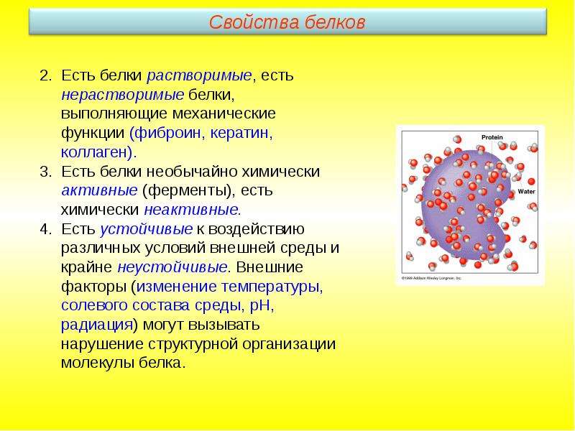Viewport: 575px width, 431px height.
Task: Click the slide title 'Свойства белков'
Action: tap(287, 22)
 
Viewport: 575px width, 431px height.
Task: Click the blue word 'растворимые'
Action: tap(199, 76)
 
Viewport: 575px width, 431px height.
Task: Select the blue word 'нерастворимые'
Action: tap(122, 95)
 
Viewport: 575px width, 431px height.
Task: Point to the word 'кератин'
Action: tap(239, 133)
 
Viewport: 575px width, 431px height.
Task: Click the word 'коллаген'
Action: tap(94, 152)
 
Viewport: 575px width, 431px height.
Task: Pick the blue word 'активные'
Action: tap(99, 190)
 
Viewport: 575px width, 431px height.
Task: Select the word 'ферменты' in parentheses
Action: tap(186, 191)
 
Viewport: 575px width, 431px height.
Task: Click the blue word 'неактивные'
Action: tap(191, 210)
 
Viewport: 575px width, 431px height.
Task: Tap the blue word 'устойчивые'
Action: tap(147, 229)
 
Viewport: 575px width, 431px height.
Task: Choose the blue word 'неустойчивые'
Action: tap(172, 267)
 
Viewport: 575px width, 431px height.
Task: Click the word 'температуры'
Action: tap(270, 287)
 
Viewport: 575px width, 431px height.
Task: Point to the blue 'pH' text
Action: tap(260, 306)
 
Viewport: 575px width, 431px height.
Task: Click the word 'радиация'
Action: tap(96, 325)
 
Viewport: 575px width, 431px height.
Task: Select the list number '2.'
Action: tap(46, 76)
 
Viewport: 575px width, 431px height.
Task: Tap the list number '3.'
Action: tap(46, 172)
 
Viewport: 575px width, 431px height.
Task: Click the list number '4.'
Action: tap(46, 229)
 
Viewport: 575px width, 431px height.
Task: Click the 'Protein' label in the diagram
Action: tap(492, 137)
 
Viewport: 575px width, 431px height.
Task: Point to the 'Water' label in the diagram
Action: tap(526, 191)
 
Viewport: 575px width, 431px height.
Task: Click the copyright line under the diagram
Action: tap(431, 278)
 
